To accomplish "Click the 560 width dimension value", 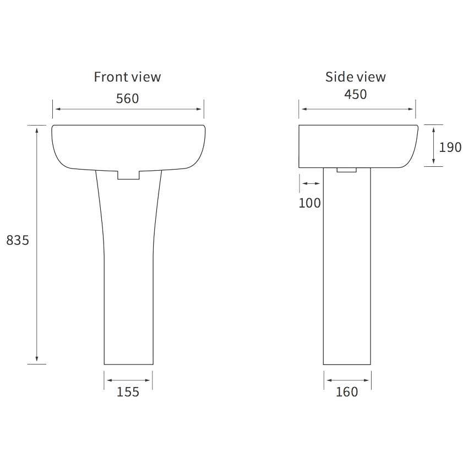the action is [127, 99].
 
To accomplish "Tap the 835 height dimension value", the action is [18, 240].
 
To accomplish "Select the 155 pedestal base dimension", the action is [128, 392].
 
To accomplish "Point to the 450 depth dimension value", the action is [356, 94].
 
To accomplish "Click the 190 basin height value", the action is [450, 147].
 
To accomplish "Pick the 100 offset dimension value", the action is [310, 203].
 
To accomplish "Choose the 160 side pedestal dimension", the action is [347, 392].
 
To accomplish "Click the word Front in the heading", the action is [111, 77].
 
